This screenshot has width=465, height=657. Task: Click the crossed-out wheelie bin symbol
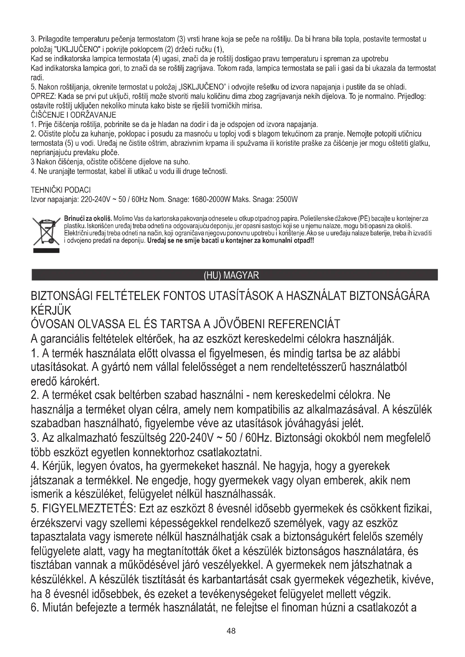(46, 232)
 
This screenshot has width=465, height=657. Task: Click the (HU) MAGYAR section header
(231, 275)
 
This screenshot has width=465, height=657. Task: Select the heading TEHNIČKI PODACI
(61, 190)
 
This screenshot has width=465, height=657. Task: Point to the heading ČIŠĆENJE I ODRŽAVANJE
(73, 115)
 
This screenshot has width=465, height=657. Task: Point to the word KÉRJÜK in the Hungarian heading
(51, 310)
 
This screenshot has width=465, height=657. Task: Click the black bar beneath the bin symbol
(46, 251)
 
